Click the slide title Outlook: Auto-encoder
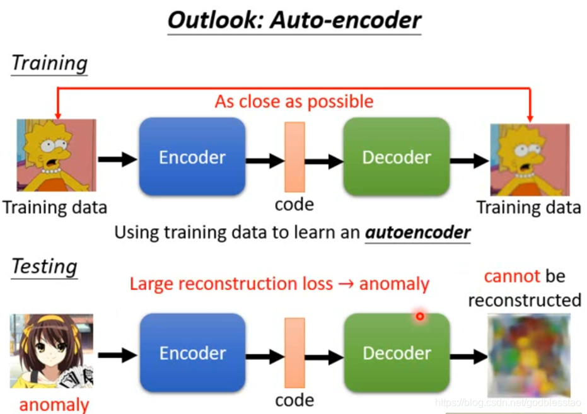pyautogui.click(x=294, y=21)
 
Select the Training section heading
pyautogui.click(x=50, y=63)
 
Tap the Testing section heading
pyautogui.click(x=45, y=266)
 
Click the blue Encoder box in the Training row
pyautogui.click(x=192, y=156)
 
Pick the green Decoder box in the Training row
pyautogui.click(x=396, y=156)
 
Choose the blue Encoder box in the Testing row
pyautogui.click(x=192, y=353)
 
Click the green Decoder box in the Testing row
pyautogui.click(x=396, y=353)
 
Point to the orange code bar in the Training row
pyautogui.click(x=294, y=156)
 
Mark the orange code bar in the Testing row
pyautogui.click(x=294, y=353)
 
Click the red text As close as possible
pyautogui.click(x=294, y=101)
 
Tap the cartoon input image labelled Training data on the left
pyautogui.click(x=56, y=155)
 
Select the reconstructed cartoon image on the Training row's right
pyautogui.click(x=530, y=159)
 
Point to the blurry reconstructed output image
pyautogui.click(x=529, y=355)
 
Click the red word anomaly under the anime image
pyautogui.click(x=54, y=405)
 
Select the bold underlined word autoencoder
pyautogui.click(x=418, y=233)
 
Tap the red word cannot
pyautogui.click(x=512, y=276)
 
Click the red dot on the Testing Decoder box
pyautogui.click(x=419, y=316)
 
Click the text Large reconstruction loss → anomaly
pyautogui.click(x=279, y=284)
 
